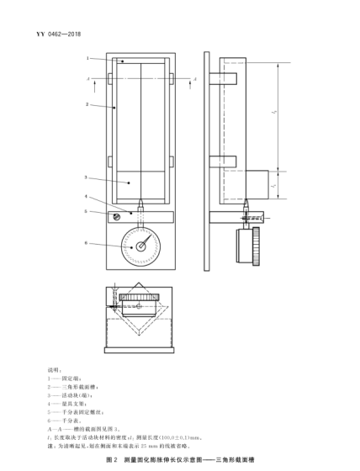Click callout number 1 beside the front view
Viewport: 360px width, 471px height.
click(87, 58)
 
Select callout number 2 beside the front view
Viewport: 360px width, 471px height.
click(87, 105)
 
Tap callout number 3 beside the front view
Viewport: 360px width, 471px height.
click(87, 177)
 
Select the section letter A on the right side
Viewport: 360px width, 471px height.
click(194, 77)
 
